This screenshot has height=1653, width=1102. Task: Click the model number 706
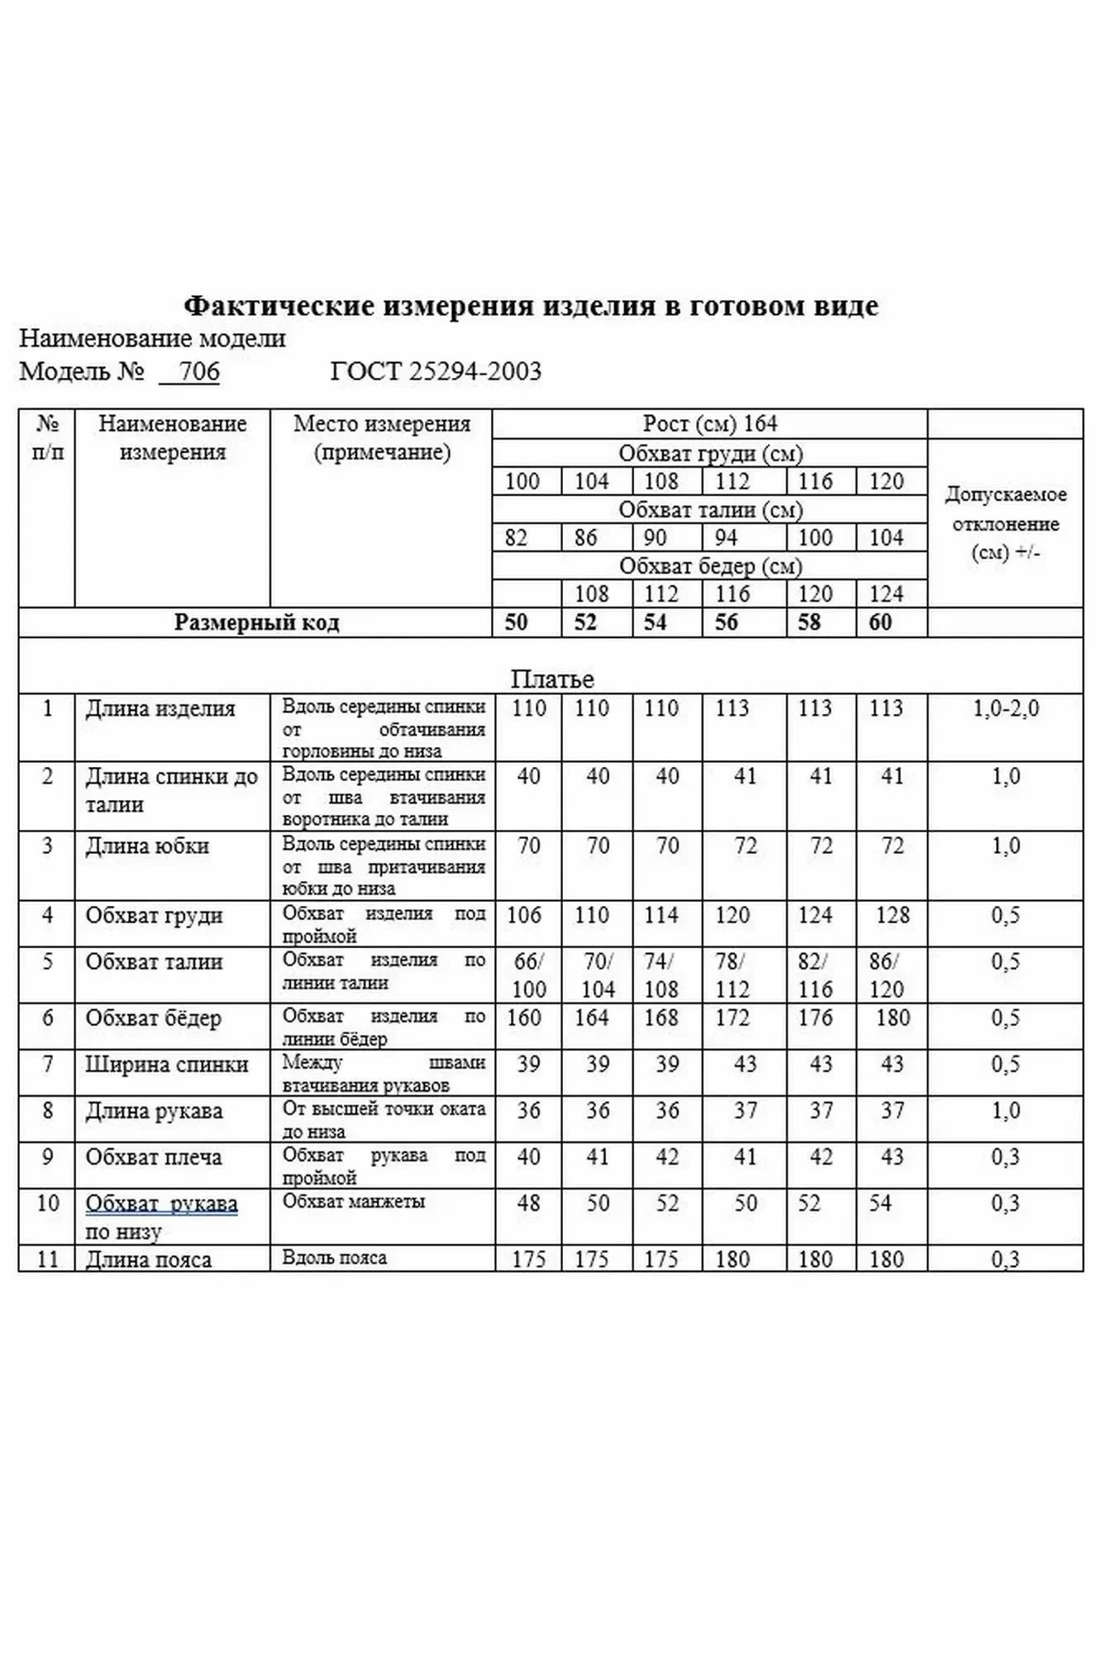click(198, 371)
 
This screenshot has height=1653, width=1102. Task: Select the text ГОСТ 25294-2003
click(436, 371)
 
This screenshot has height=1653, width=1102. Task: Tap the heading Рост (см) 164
click(709, 424)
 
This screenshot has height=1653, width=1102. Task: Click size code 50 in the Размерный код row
click(516, 622)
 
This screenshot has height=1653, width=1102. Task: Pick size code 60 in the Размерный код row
click(880, 622)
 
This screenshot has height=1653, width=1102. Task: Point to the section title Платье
click(551, 679)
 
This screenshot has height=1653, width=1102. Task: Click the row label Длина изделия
click(160, 708)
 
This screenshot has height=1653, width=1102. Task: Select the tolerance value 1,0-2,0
click(1005, 708)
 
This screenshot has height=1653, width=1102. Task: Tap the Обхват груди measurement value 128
click(892, 915)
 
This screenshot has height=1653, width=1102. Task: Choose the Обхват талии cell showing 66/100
click(528, 975)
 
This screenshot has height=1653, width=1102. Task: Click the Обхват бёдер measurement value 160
click(523, 1017)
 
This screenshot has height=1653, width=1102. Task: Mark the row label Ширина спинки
click(166, 1065)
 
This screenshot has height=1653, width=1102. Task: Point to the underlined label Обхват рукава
click(161, 1203)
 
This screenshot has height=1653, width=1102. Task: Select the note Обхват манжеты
click(353, 1201)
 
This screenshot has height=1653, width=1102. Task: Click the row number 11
click(47, 1259)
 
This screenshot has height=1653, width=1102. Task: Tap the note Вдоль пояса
click(334, 1258)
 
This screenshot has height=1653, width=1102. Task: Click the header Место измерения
click(381, 424)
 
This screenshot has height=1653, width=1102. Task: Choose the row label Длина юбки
click(147, 846)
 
